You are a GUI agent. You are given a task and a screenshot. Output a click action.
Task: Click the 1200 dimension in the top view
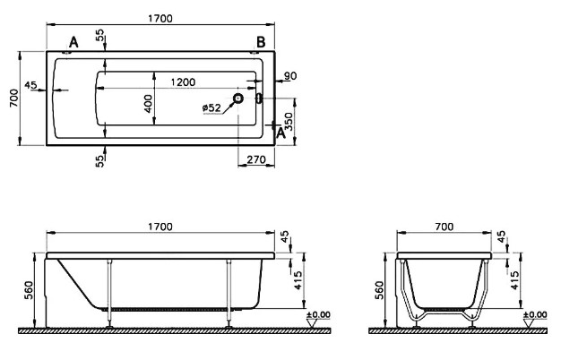[183, 82]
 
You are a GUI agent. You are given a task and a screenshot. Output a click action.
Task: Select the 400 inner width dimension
[148, 104]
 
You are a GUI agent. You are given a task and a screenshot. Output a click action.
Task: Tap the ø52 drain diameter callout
[211, 107]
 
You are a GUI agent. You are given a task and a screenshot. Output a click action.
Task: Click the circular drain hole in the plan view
[237, 98]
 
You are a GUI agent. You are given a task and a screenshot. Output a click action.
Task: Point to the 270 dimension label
[256, 159]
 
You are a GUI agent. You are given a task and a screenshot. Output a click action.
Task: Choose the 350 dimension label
[289, 122]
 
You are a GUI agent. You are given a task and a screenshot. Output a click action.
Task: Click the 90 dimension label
[290, 76]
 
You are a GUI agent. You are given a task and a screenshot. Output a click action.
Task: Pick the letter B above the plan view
[261, 42]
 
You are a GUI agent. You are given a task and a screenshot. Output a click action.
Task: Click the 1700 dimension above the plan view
[160, 19]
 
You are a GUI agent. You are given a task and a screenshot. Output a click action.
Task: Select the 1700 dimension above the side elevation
[160, 227]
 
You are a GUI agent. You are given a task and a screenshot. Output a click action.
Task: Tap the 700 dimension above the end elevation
[444, 227]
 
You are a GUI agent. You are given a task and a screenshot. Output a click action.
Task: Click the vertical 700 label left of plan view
[14, 99]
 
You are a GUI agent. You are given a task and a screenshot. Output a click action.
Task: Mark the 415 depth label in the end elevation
[514, 280]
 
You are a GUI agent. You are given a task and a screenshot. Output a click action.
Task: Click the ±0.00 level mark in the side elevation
[318, 315]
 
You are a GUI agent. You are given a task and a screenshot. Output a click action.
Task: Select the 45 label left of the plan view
[30, 85]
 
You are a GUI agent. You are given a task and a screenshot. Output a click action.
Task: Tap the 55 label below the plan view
[100, 160]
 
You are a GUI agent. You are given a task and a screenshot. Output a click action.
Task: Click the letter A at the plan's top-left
[73, 42]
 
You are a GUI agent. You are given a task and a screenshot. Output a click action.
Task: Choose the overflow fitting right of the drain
[259, 98]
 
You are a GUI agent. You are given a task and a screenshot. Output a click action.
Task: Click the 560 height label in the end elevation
[379, 290]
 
